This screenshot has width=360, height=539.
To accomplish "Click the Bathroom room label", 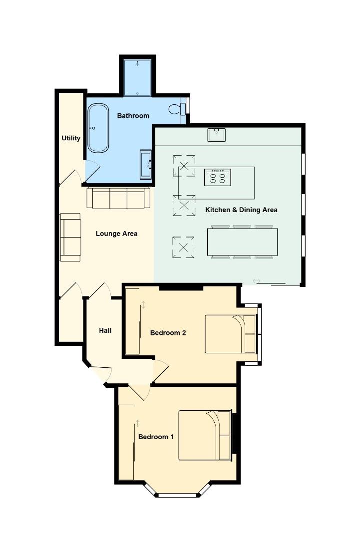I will point(133,116).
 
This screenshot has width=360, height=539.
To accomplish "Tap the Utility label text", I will point(71,138).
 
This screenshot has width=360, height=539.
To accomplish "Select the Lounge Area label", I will point(116,234).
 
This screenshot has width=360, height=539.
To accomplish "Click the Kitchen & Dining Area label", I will point(241,210).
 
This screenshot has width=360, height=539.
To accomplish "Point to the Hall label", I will point(105,330).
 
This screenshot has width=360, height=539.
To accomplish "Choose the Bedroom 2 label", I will point(168,333).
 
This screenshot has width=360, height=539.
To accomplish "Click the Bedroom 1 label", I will point(156,437).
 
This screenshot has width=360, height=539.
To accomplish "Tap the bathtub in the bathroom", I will point(98,128).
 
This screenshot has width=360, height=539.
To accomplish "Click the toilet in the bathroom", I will point(176,108).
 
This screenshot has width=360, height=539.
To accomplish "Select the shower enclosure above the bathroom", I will point(138,77).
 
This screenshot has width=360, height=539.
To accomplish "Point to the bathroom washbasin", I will point(146,163).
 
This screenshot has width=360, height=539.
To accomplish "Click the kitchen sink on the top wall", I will point(217,134).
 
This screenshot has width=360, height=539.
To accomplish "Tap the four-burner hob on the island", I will point(218,177).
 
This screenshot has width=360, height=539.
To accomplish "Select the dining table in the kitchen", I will point(243,243).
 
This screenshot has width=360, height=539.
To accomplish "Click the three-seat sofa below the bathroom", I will point(118,198).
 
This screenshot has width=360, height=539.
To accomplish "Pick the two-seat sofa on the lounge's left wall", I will point(70,237).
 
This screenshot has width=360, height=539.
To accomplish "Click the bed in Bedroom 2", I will point(231,334).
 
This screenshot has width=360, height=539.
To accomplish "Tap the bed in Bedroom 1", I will point(205,435).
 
